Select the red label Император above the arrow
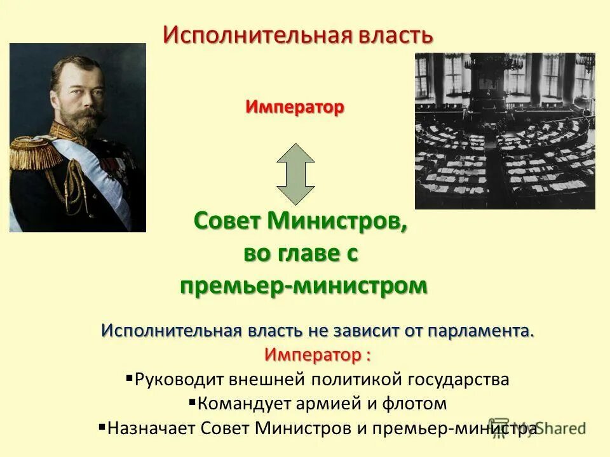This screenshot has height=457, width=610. pos(295,107)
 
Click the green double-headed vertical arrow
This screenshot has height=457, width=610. pos(295,173)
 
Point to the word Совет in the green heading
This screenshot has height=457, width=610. pos(229,222)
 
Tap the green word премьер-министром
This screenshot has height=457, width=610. pos(303,286)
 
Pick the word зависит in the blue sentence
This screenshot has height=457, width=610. pos(364,331)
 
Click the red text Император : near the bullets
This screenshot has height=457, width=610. pos(318,353)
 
